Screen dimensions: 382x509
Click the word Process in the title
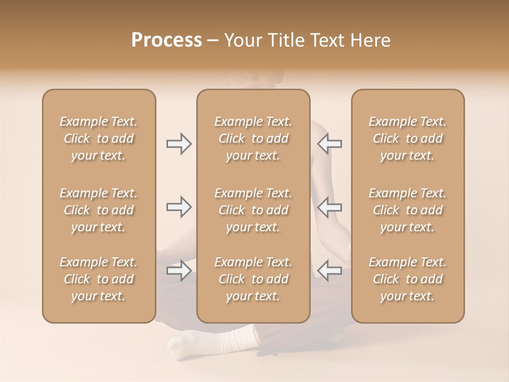point(166,40)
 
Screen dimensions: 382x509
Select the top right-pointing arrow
point(179,144)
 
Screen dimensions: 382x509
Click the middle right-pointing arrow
point(179,207)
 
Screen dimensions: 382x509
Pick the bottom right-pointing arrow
point(179,271)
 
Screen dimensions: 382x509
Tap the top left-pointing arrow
point(329,144)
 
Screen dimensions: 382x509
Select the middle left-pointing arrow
point(329,207)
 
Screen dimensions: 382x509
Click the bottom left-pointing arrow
point(329,271)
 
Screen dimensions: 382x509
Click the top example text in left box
point(99,138)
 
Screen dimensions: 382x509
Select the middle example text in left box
point(99,210)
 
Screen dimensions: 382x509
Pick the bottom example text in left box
point(99,279)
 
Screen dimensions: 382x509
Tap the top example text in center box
point(253,138)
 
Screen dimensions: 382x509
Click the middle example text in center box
point(253,210)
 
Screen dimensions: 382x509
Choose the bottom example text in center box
point(253,279)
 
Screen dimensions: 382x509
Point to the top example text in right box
point(408,138)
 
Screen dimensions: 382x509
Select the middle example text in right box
point(408,210)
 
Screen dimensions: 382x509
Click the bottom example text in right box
point(408,279)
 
